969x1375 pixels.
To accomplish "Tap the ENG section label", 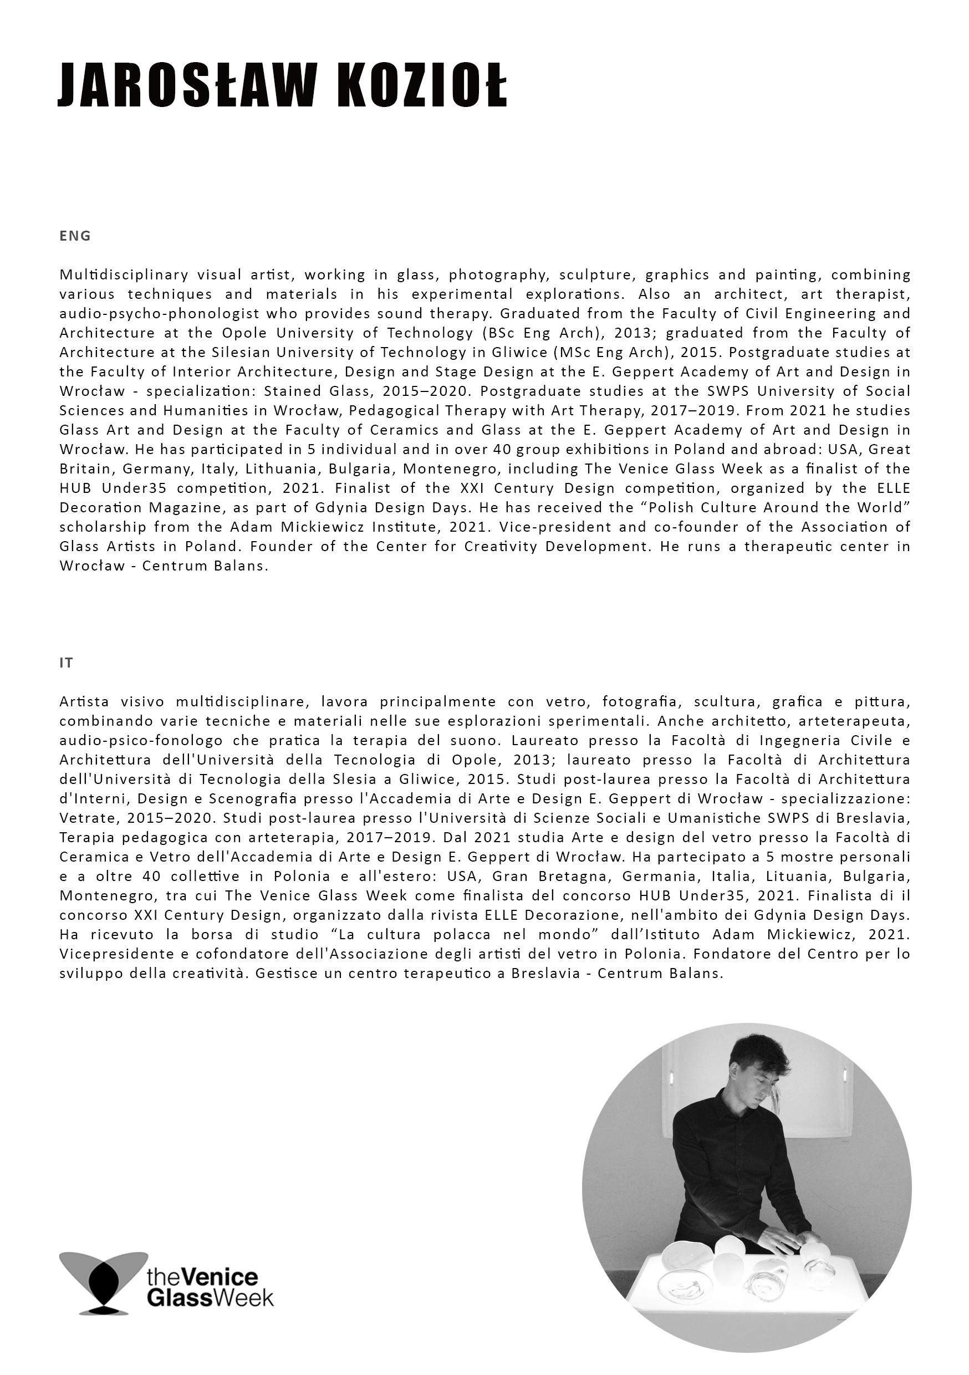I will (75, 236).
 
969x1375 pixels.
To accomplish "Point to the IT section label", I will (66, 663).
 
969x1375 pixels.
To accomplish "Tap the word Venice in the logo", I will (219, 1277).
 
